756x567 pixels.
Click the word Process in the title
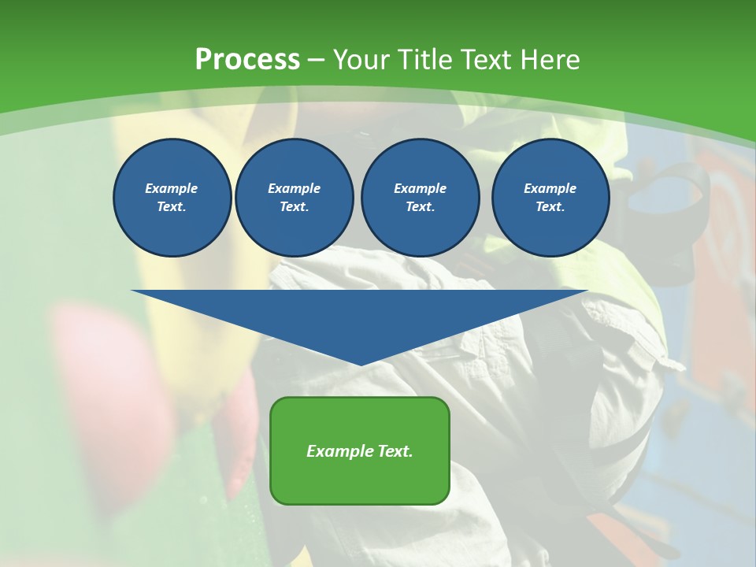coord(247,60)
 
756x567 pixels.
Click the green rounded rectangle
coord(360,480)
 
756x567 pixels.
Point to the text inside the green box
coord(360,451)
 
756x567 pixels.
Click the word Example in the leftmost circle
coord(172,188)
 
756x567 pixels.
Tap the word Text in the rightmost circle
coord(549,206)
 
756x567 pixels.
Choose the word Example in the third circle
coord(420,188)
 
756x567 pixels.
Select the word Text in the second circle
coord(293,206)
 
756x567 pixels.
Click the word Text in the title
coord(483,60)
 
